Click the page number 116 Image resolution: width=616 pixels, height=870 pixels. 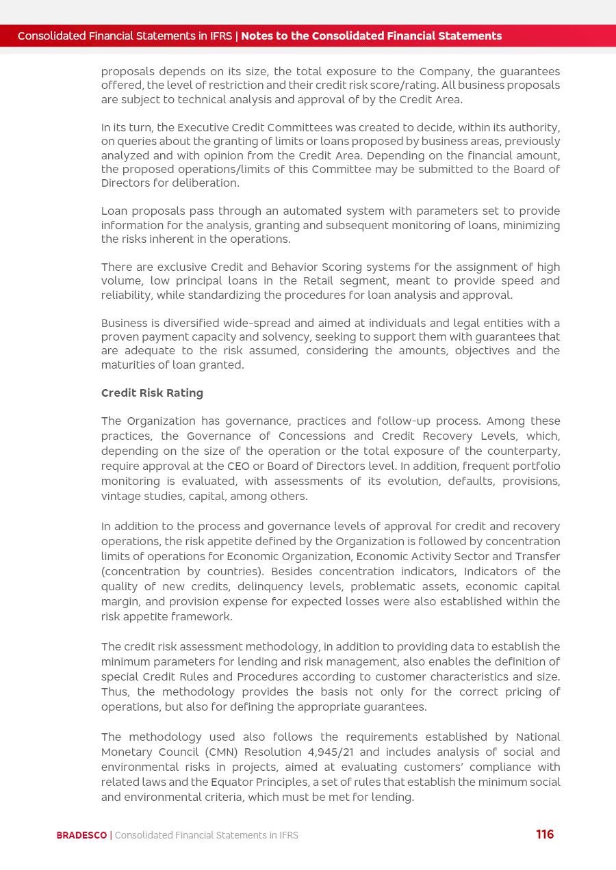coord(545,834)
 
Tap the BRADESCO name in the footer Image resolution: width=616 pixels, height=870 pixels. coord(81,835)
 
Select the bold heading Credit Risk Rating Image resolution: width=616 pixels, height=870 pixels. coord(152,393)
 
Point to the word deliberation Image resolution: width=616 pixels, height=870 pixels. coord(205,183)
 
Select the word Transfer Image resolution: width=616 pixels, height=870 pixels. coord(537,556)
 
